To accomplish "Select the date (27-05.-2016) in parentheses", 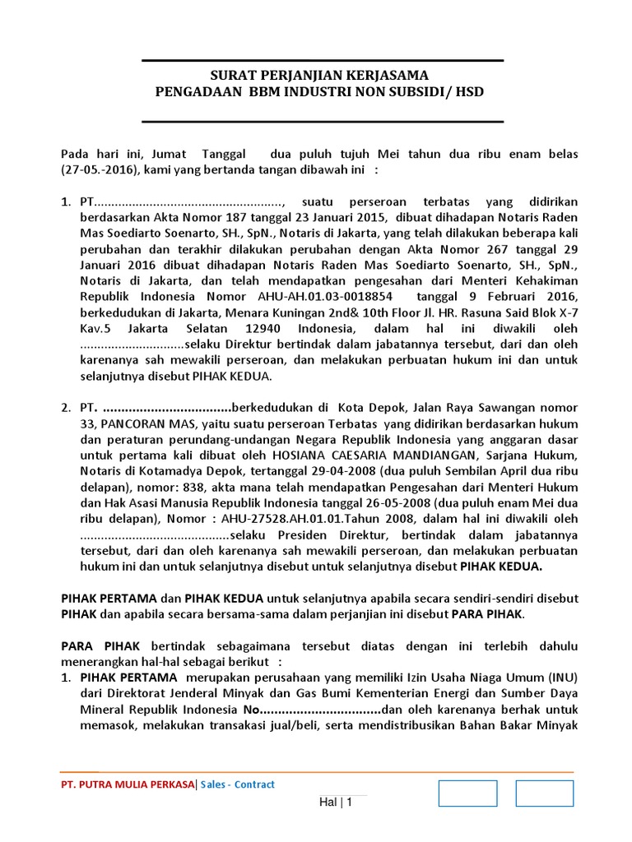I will click(x=101, y=170).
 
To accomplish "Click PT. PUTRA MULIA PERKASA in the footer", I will click(x=128, y=784).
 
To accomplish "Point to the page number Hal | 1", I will click(x=335, y=803).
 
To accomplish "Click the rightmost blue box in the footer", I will click(x=544, y=793).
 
